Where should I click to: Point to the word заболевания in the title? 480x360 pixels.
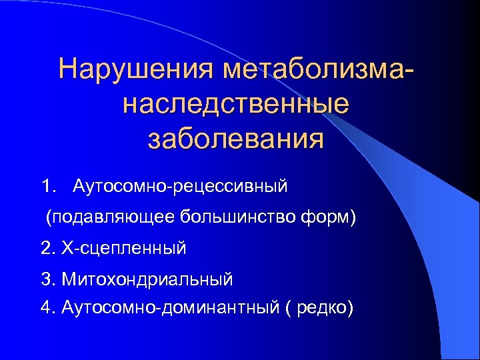tap(236, 139)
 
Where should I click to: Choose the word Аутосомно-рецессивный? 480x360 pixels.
tap(181, 185)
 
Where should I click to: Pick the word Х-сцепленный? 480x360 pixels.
tap(124, 249)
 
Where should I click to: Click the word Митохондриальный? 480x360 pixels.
tap(147, 279)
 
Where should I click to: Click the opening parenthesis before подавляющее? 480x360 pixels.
tap(47, 217)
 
